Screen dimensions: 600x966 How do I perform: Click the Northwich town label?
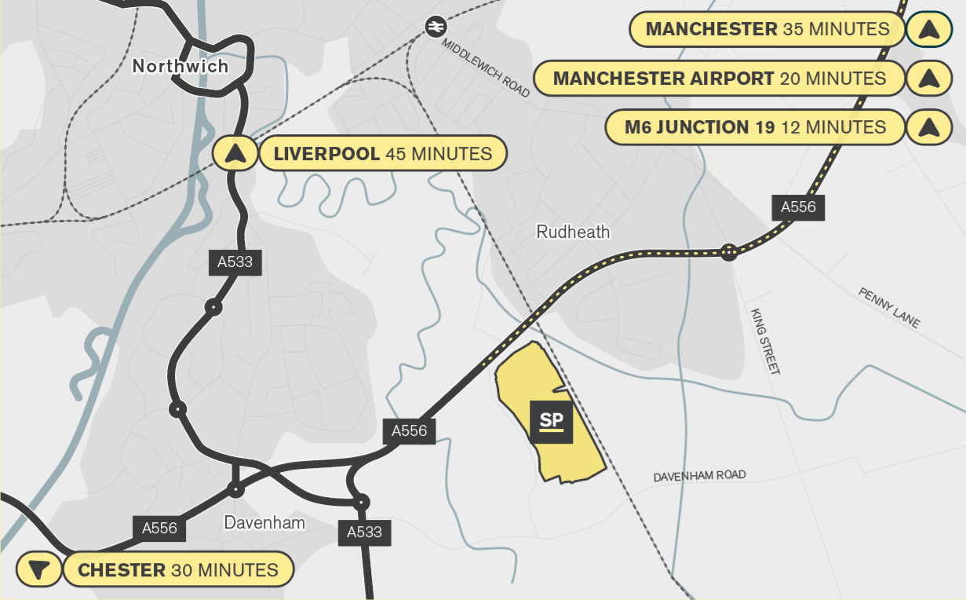coord(180,66)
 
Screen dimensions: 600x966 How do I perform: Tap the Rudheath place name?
coord(573,232)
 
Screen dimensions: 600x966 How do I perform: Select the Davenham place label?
coord(264,522)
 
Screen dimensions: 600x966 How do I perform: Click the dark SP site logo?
coord(552,422)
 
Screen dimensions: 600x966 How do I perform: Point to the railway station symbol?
coord(433,27)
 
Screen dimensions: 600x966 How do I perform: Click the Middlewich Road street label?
coord(486,68)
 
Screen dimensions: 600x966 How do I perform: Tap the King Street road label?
coord(765,341)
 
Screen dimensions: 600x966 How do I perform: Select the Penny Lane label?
coord(888,309)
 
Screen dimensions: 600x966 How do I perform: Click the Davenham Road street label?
coord(699,476)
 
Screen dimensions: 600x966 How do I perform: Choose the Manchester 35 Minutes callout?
coord(767,30)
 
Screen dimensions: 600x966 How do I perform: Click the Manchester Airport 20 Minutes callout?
coord(719,79)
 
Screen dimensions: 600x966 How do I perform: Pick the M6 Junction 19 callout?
coord(755,127)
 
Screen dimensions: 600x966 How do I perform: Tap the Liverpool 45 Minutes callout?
coord(383,154)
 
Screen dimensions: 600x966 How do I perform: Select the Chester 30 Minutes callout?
coord(178,570)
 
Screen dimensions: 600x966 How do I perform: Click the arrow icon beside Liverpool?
coord(233,153)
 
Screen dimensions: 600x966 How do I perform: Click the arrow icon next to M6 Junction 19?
coord(928,127)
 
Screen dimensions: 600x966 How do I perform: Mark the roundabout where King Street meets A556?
coord(729,252)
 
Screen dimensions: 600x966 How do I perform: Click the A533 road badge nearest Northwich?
coord(235,262)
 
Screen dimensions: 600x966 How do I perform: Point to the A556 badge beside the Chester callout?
coord(159,529)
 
